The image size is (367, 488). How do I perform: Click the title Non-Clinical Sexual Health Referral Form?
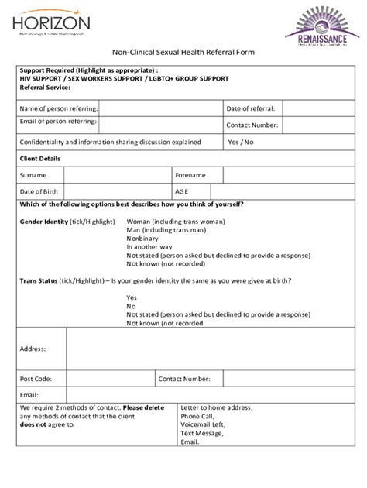pos(183,51)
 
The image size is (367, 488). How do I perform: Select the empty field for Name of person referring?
pos(159,108)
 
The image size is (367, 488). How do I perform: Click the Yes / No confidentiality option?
pos(241,143)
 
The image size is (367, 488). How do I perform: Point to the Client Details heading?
pos(39,159)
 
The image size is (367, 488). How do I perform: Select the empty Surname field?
pos(118,175)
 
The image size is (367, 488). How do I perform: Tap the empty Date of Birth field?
pos(118,191)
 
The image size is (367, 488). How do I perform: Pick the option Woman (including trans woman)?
pos(177,222)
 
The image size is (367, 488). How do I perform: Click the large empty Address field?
pos(205,349)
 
